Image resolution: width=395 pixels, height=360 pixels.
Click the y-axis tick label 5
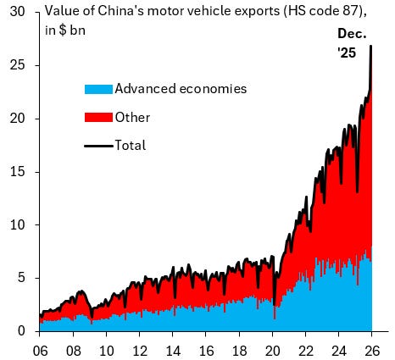(23, 278)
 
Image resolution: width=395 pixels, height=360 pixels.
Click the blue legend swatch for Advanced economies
(97, 89)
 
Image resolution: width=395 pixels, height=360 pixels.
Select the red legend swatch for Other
(97, 118)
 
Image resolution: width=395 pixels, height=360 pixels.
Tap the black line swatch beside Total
(97, 146)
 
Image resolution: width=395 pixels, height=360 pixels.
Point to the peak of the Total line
(371, 47)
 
